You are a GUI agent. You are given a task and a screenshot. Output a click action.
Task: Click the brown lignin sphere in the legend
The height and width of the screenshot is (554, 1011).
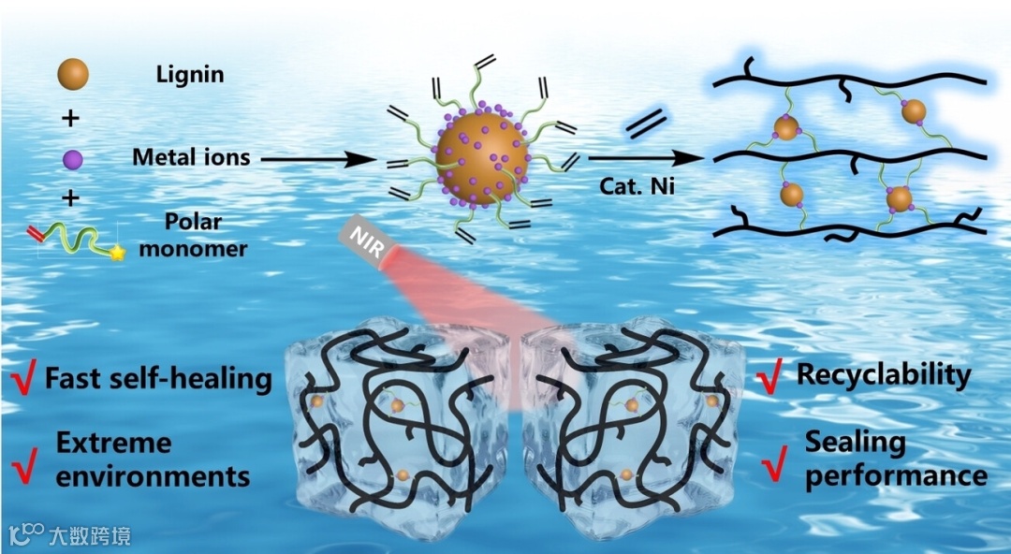point(73,74)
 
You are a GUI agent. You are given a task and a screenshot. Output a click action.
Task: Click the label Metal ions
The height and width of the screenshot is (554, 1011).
point(191,157)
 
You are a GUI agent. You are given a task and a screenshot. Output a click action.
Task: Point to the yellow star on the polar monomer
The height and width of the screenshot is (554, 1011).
point(118,252)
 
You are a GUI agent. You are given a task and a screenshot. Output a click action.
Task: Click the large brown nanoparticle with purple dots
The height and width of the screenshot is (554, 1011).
point(482,158)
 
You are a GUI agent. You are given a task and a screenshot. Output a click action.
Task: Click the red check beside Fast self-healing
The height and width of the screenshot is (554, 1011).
point(23,380)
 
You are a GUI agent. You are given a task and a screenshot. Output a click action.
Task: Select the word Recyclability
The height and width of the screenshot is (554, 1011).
point(884,375)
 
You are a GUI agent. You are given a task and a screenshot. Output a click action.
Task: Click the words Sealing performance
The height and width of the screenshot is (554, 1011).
point(895,458)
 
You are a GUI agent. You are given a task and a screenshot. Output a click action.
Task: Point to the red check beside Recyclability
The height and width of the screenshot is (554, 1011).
point(769,378)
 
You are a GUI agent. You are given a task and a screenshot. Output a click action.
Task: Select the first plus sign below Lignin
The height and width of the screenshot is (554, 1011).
point(73,117)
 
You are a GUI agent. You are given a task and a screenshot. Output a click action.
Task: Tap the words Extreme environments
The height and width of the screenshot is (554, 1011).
point(153,459)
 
